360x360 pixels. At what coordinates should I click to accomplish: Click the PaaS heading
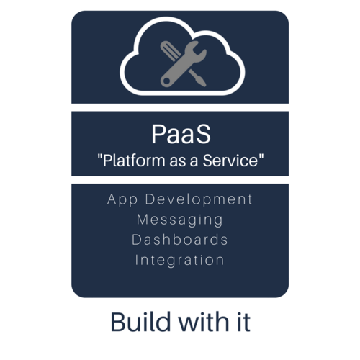coord(181,134)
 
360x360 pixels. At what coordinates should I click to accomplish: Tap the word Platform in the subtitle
coord(134,161)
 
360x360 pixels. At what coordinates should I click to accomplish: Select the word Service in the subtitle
coord(230,161)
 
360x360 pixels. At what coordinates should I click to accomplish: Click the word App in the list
coord(122,200)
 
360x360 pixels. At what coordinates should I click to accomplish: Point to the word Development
coord(199,199)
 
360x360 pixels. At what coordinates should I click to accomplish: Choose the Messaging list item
coord(180,220)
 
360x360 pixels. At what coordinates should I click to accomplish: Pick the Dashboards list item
coord(180,240)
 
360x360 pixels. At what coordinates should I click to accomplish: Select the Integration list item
coord(179,261)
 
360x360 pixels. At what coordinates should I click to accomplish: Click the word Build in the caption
coord(140,322)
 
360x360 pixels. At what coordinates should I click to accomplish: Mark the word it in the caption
coord(243,322)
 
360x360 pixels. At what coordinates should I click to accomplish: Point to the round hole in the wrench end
coord(166,81)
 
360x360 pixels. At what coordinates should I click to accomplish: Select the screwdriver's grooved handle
coord(170,50)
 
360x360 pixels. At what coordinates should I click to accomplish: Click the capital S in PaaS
coord(203,134)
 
